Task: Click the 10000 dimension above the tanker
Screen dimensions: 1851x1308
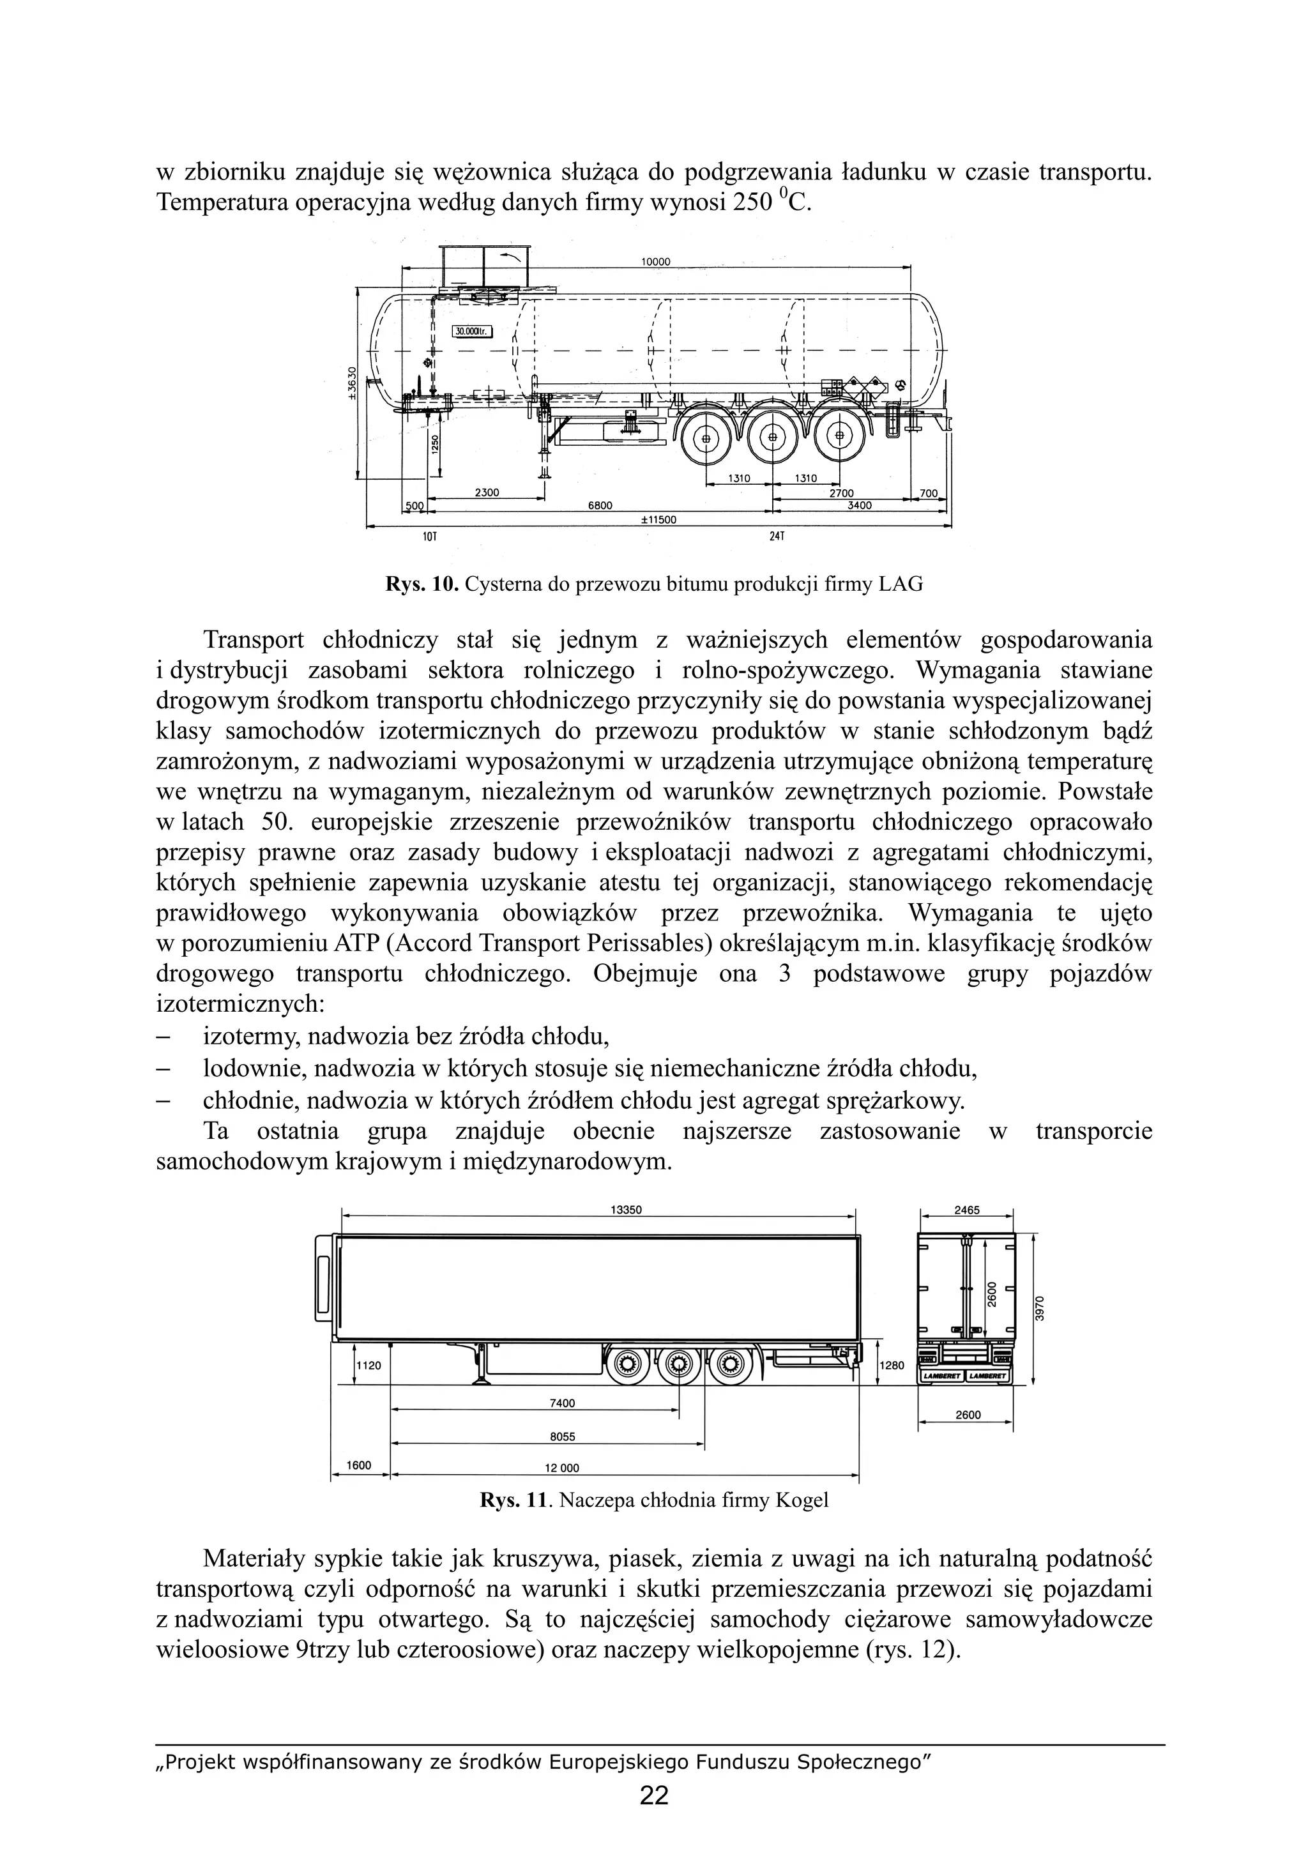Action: coord(655,262)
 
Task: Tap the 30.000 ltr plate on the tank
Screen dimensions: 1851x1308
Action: coord(471,331)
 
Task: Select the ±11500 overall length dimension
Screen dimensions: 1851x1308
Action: coord(658,520)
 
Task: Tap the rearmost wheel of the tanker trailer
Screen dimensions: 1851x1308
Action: coord(840,437)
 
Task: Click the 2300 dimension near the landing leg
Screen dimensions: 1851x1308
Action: coord(487,492)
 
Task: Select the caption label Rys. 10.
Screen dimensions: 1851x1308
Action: coord(422,584)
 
